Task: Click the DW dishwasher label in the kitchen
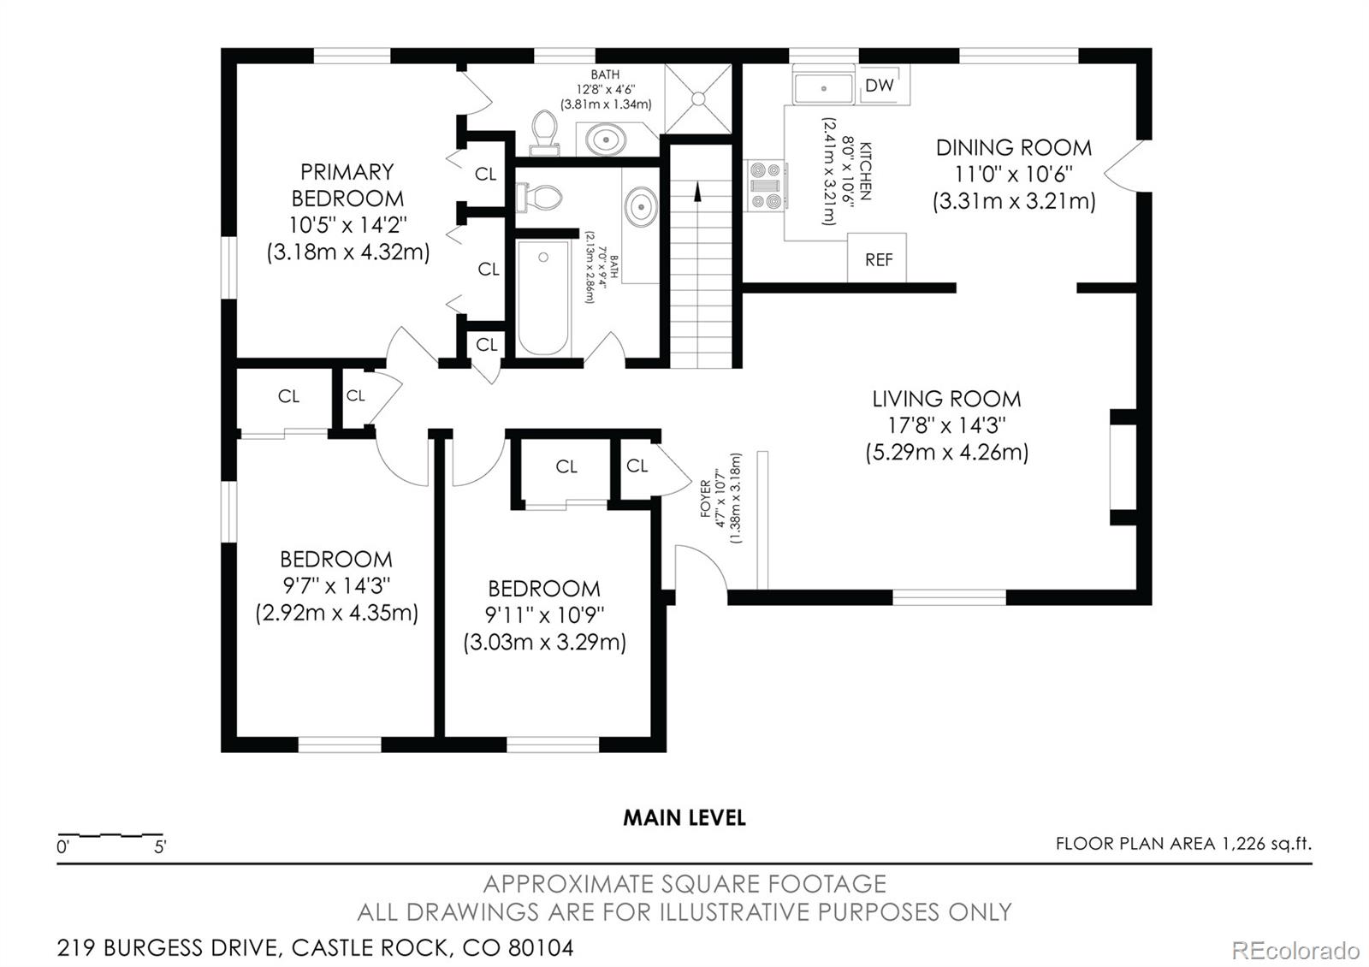(x=880, y=85)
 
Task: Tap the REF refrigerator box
(x=878, y=259)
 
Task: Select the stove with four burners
(x=767, y=186)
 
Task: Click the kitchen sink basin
(x=823, y=88)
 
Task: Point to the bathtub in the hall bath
(x=543, y=297)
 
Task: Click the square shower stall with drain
(x=699, y=98)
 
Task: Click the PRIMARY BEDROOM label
(x=347, y=185)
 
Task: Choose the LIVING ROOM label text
(x=946, y=399)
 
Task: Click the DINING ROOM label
(x=1013, y=147)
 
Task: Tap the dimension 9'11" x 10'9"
(x=545, y=615)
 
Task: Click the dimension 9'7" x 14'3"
(x=336, y=586)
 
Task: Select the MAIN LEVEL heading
(x=684, y=818)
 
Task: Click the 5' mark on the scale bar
(x=160, y=848)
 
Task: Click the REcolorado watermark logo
(x=1295, y=950)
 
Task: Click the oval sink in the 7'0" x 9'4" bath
(x=641, y=206)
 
